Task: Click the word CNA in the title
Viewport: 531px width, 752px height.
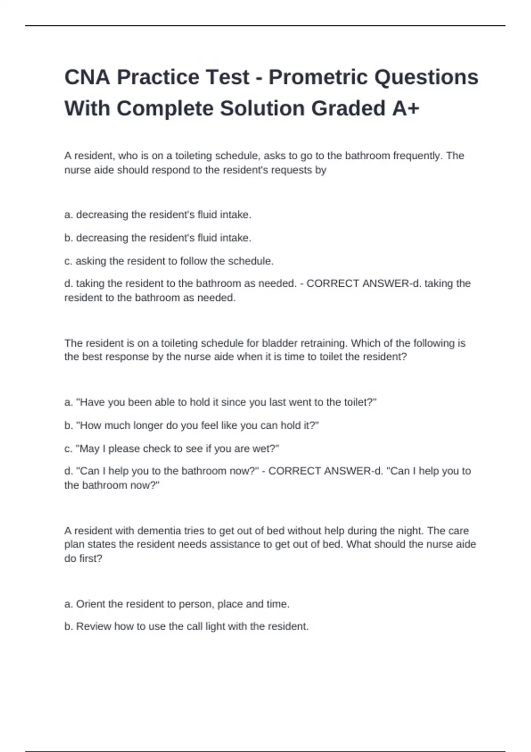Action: (87, 77)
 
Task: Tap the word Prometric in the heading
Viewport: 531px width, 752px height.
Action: (318, 77)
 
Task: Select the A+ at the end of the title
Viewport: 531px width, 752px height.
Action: (406, 109)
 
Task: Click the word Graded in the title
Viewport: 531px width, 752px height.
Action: (348, 109)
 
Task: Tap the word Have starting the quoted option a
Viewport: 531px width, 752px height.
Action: (92, 403)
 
